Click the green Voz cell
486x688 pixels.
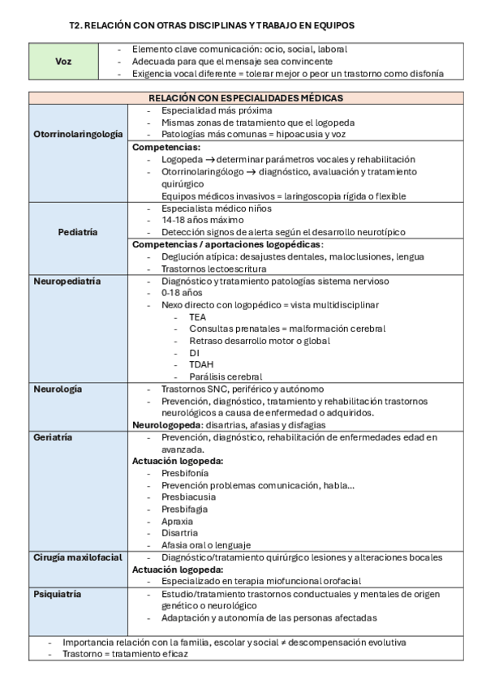(62, 62)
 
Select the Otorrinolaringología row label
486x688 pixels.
(79, 134)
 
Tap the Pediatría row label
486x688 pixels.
(79, 232)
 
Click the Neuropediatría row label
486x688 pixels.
(67, 281)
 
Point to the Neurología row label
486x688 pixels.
(58, 389)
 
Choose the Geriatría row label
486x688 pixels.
(54, 437)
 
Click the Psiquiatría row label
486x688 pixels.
(58, 594)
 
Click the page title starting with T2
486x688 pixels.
(212, 26)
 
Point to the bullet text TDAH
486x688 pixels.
(202, 364)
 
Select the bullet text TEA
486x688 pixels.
(198, 316)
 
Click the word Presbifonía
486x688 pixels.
(185, 473)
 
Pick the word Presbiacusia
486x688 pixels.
(189, 497)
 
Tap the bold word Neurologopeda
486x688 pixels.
(168, 424)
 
